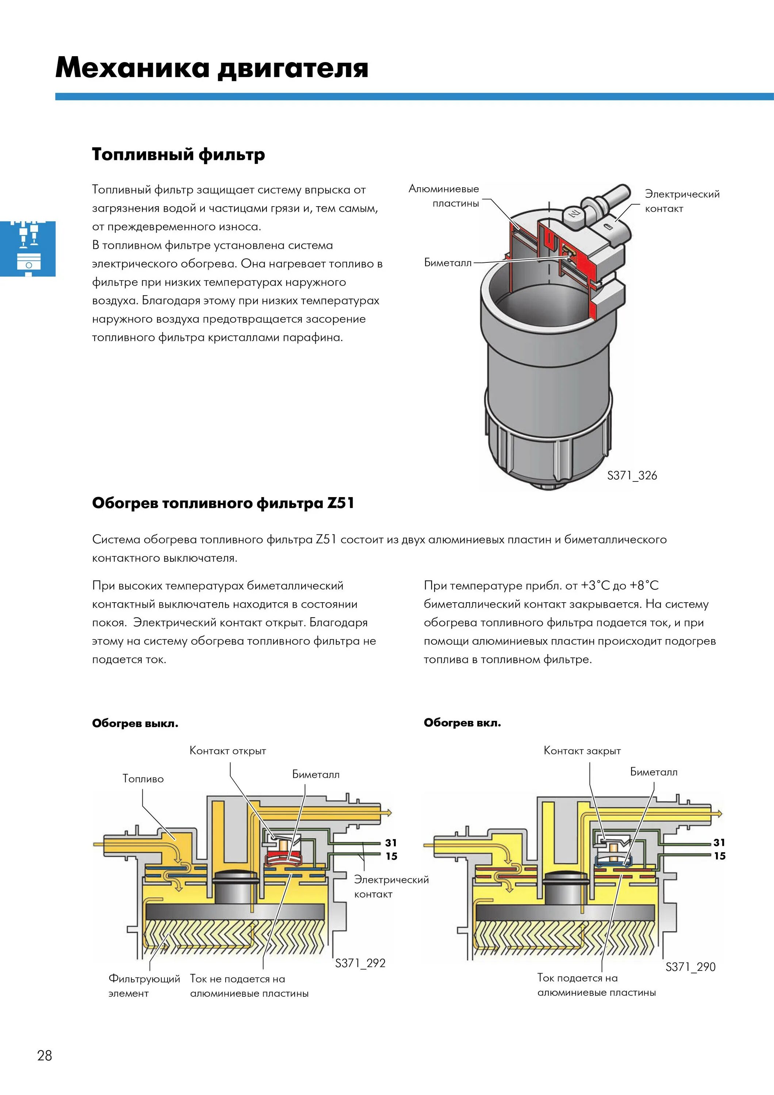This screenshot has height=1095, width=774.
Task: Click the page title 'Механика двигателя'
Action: (x=212, y=68)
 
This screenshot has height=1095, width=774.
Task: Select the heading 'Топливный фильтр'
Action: (x=179, y=154)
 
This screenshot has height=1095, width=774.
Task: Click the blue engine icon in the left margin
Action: (x=28, y=249)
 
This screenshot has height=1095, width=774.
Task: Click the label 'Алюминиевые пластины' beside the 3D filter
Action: (x=444, y=196)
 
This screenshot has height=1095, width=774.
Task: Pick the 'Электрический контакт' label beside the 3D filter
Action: (x=682, y=201)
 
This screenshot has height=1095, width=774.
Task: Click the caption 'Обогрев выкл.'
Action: (x=135, y=723)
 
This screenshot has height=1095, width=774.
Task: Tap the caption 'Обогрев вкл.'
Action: (x=462, y=723)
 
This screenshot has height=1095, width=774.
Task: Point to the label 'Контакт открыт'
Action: (x=227, y=751)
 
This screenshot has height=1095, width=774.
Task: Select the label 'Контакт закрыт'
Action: (x=582, y=751)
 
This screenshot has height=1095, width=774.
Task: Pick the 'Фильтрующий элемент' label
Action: (x=144, y=986)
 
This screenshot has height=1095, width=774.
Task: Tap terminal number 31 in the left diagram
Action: (x=391, y=843)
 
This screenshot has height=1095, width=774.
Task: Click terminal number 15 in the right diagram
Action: (x=719, y=856)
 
